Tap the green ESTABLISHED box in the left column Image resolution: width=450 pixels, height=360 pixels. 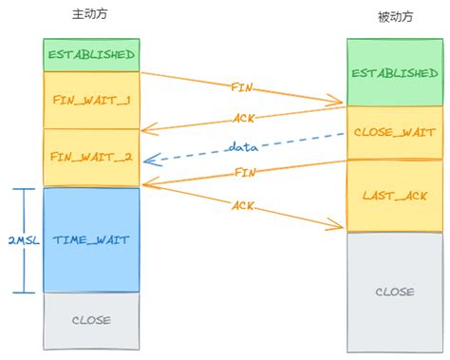click(x=91, y=55)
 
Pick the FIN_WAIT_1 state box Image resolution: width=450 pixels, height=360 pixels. click(x=91, y=100)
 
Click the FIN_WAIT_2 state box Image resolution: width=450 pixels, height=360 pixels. click(x=91, y=157)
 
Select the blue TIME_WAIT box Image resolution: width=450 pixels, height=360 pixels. click(x=91, y=241)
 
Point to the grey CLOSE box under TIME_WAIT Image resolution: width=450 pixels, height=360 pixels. click(x=91, y=320)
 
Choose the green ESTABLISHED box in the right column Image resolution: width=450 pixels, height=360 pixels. click(x=394, y=72)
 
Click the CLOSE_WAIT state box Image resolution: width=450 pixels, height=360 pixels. click(x=394, y=133)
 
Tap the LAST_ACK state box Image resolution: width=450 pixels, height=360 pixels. click(x=394, y=196)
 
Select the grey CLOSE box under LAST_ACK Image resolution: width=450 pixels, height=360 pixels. click(x=394, y=292)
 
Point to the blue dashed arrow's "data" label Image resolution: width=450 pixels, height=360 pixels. click(x=243, y=147)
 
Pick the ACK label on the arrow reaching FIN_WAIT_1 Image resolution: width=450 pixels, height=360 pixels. click(x=244, y=119)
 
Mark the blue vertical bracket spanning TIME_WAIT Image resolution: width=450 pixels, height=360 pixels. click(x=29, y=239)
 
